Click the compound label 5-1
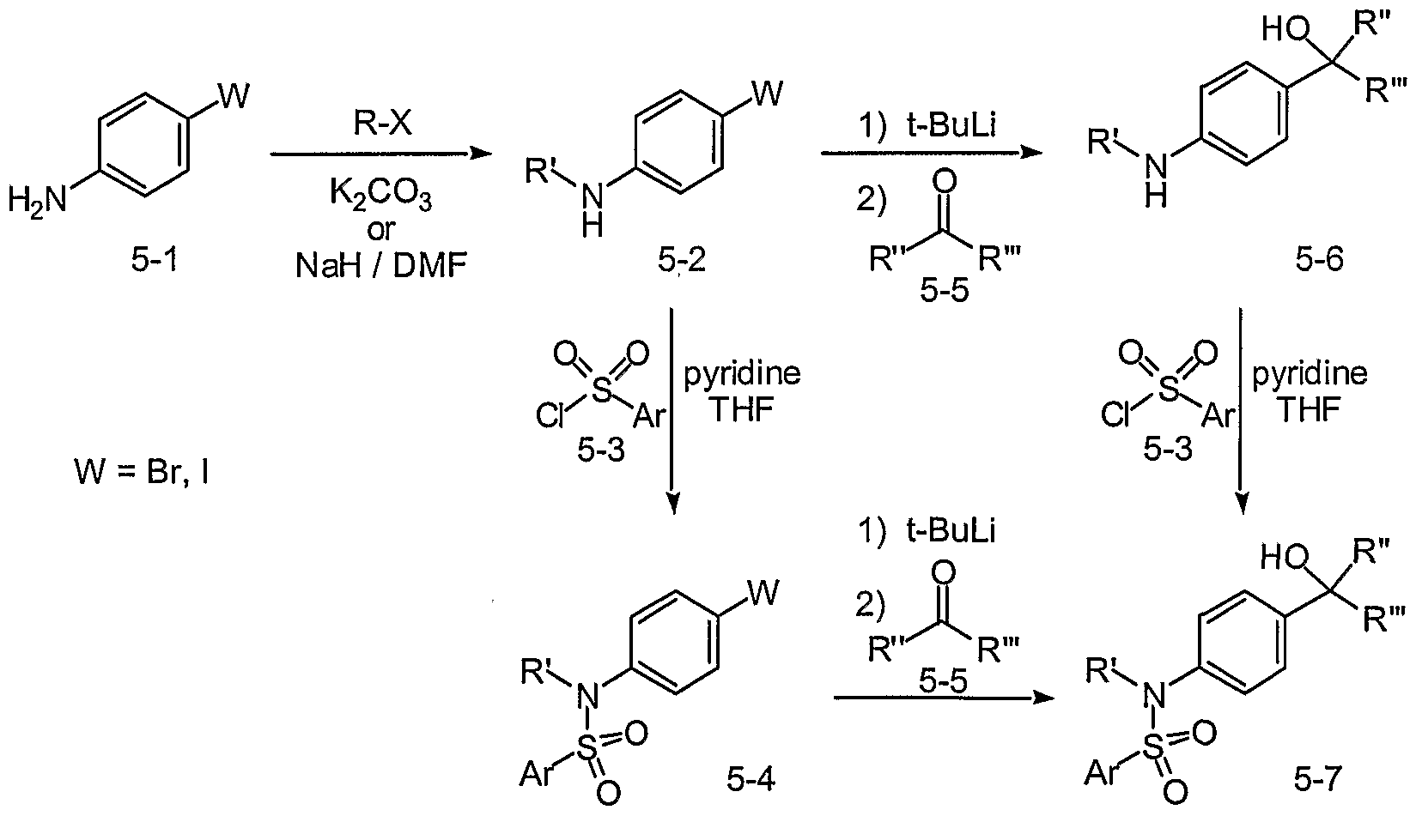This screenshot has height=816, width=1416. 155,260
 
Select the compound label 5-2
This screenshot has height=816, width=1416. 682,260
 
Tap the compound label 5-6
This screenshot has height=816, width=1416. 1319,260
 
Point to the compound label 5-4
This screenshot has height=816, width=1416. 751,780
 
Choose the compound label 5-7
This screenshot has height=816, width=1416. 1317,779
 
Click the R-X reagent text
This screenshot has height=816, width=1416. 382,123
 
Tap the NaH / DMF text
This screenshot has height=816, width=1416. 381,265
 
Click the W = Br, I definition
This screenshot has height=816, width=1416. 142,471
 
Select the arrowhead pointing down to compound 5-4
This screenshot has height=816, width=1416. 673,504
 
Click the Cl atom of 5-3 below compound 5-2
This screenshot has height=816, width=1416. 550,416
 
